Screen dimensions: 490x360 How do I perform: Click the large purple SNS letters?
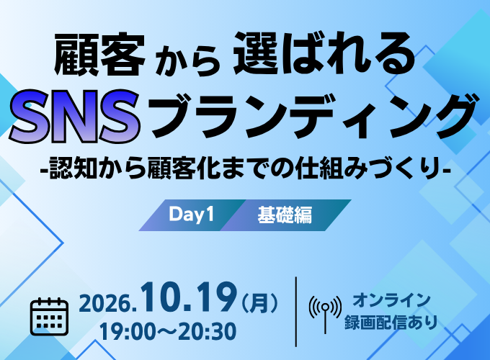75,116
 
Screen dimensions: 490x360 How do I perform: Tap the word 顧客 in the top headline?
99,55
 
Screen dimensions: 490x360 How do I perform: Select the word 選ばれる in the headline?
324,54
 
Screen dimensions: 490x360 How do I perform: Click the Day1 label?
191,215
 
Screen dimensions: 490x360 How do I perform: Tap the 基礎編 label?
285,215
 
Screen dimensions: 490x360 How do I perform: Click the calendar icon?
50,317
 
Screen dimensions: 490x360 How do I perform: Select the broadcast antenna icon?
325,313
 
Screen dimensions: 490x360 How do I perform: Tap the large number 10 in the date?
162,297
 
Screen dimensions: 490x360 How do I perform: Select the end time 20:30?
206,331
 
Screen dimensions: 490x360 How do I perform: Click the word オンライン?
392,300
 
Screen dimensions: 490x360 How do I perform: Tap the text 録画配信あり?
391,323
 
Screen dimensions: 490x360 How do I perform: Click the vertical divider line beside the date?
296,312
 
